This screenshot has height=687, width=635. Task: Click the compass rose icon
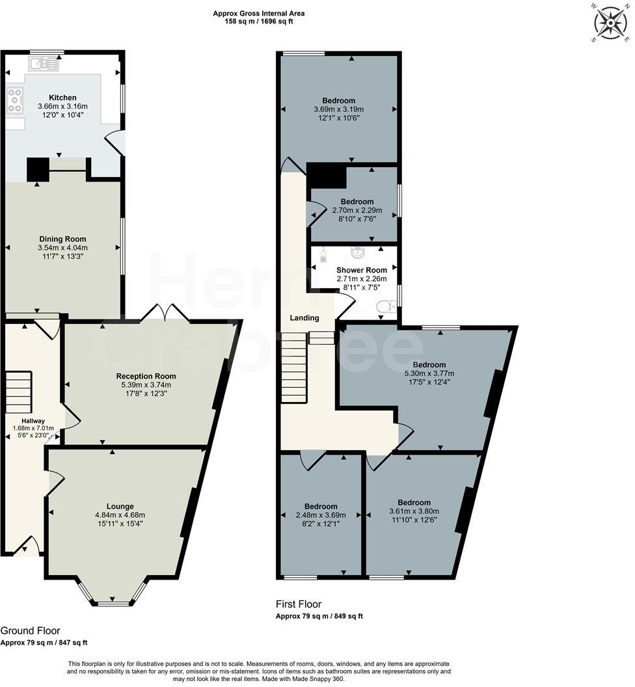pos(610,23)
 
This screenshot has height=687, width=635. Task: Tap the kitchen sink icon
pos(44,63)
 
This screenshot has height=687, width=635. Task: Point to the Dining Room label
pos(62,239)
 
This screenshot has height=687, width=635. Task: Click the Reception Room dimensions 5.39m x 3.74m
pos(146,384)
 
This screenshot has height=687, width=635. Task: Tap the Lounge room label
pos(120,506)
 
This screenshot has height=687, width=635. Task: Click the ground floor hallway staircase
pos(19,392)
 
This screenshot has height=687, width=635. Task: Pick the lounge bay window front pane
pos(114,603)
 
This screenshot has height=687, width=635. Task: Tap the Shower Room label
pos(361,270)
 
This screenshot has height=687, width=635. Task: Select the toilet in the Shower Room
pos(387,306)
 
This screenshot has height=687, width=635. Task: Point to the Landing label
pos(304,318)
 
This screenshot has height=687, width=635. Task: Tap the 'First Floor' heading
pos(299,604)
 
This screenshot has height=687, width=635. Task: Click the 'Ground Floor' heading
pos(30,630)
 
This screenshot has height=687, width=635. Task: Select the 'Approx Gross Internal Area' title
pos(258,13)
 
